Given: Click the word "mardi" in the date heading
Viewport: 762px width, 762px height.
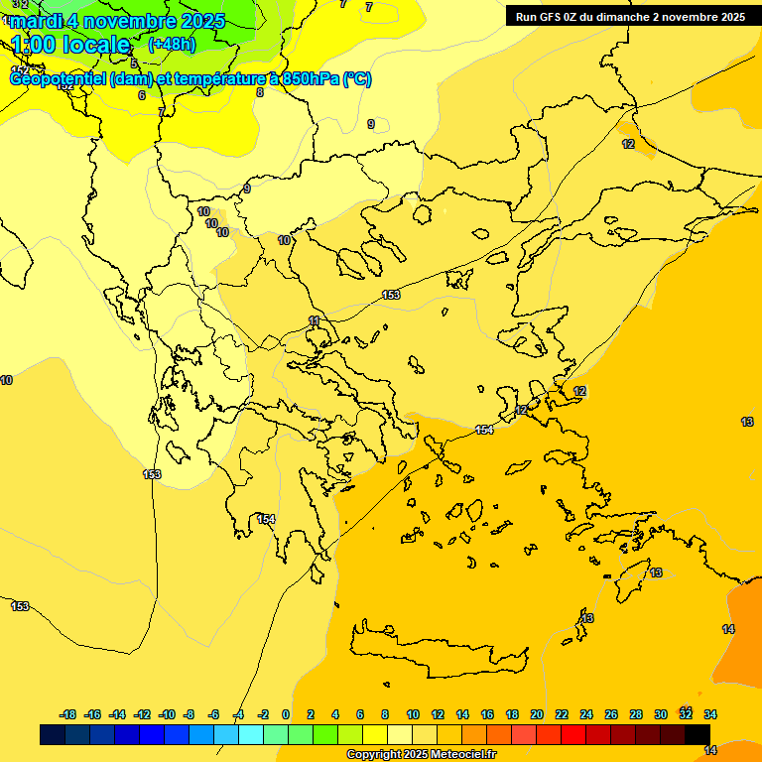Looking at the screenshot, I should pyautogui.click(x=35, y=21).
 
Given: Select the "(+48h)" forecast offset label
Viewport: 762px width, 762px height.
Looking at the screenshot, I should pyautogui.click(x=172, y=44).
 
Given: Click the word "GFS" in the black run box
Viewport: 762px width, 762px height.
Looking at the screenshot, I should pyautogui.click(x=556, y=17).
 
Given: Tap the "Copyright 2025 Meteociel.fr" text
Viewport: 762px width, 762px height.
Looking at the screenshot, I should pyautogui.click(x=421, y=755).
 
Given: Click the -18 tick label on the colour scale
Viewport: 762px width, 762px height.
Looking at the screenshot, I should pyautogui.click(x=68, y=714).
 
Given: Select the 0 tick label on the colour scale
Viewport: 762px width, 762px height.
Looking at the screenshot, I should pyautogui.click(x=286, y=714).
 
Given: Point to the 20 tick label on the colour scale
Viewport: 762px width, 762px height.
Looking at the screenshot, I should pyautogui.click(x=537, y=714).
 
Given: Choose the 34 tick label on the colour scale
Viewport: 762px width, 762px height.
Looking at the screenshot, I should pyautogui.click(x=710, y=714).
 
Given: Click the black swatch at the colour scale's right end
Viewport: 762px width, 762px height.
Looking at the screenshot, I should pyautogui.click(x=698, y=734).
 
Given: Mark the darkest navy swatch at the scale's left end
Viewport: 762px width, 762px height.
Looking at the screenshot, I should pyautogui.click(x=53, y=734).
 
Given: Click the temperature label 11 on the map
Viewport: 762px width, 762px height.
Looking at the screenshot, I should pyautogui.click(x=315, y=320).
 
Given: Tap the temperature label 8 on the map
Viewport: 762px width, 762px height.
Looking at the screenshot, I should pyautogui.click(x=260, y=92).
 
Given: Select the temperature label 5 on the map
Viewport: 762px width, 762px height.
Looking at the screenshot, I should pyautogui.click(x=134, y=63).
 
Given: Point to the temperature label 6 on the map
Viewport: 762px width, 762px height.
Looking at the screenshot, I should pyautogui.click(x=141, y=95).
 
